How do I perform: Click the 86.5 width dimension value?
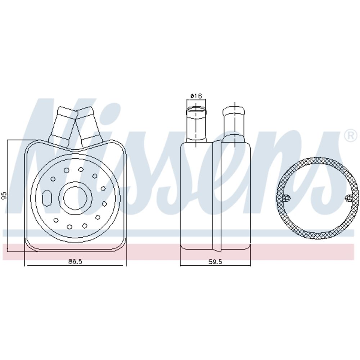75,261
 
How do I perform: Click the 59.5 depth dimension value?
215,261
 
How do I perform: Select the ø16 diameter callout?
196,96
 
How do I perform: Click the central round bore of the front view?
75,198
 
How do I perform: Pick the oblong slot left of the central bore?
47,197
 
